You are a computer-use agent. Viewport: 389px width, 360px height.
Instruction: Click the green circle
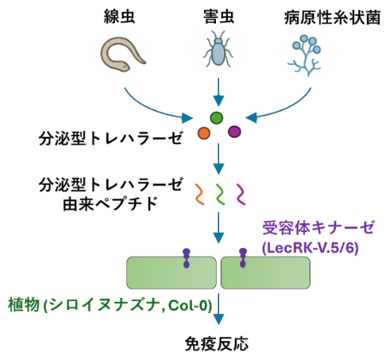pyautogui.click(x=216, y=118)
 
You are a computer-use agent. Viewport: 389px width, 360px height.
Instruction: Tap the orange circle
pyautogui.click(x=203, y=133)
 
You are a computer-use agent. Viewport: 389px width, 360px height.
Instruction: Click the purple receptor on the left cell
pyautogui.click(x=187, y=256)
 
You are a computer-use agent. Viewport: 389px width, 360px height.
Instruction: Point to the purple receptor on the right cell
pyautogui.click(x=245, y=256)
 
